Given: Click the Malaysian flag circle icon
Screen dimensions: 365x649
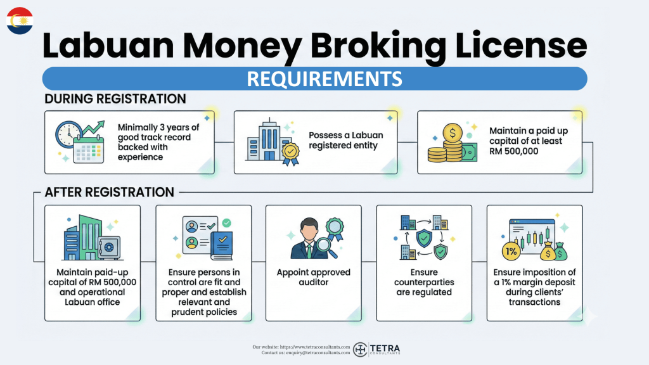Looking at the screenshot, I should tap(20, 20).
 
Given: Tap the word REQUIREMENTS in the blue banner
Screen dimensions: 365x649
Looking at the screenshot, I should tap(324, 78).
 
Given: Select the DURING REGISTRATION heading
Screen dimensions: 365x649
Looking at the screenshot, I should tap(115, 99).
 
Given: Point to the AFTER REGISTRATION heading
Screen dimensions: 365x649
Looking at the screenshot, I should tap(109, 191).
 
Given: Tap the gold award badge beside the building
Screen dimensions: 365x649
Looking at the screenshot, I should tap(291, 153).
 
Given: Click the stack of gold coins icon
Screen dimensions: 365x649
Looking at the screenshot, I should tap(444, 153).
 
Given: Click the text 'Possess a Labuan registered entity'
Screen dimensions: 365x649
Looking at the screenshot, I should tap(345, 141).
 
